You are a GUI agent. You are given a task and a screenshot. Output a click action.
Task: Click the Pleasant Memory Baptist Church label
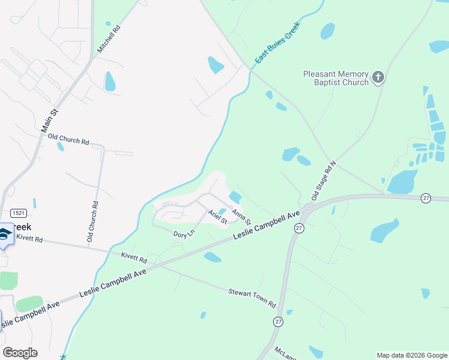(336, 78)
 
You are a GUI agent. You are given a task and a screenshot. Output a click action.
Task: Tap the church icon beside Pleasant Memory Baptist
(378, 77)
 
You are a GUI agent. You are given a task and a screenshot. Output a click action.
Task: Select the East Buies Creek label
(277, 43)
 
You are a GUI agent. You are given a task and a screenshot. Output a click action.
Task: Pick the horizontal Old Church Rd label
(68, 141)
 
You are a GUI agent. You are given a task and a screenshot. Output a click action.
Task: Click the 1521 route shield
(18, 213)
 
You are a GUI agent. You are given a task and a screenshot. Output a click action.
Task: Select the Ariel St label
(217, 217)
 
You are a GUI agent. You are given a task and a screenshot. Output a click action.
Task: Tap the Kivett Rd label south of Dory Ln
(134, 259)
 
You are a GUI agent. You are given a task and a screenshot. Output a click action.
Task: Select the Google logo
(20, 353)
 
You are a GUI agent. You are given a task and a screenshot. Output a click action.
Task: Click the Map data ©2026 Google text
(412, 355)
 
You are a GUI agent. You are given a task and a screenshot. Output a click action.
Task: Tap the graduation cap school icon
(4, 235)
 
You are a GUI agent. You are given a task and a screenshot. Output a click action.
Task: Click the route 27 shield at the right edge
(426, 199)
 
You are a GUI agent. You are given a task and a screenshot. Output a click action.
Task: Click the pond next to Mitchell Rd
(110, 81)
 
